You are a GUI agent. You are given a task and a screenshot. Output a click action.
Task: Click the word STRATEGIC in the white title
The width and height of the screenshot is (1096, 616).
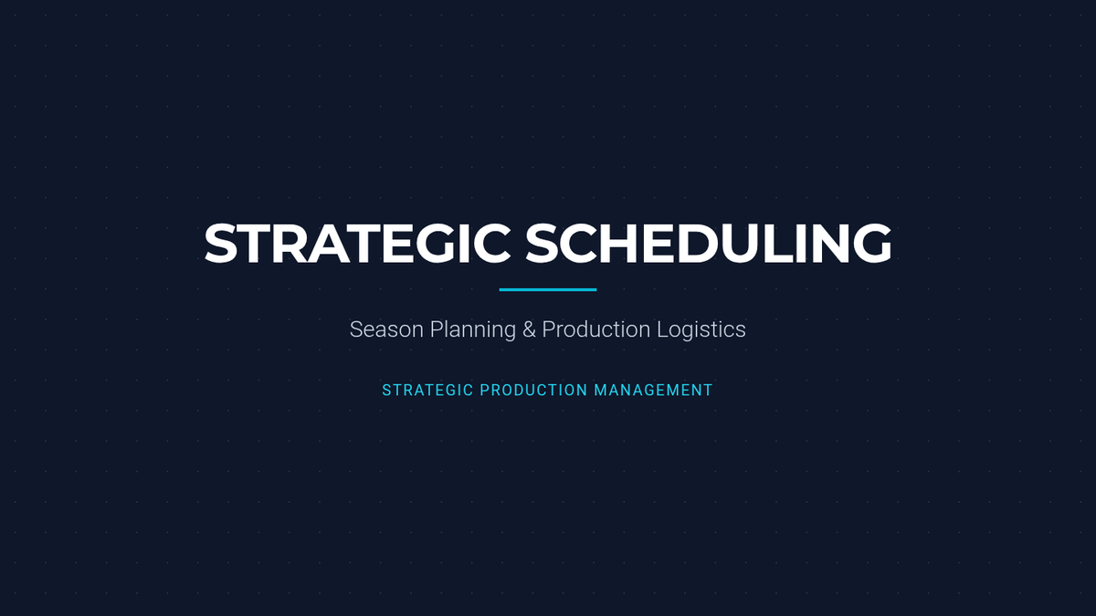[358, 244]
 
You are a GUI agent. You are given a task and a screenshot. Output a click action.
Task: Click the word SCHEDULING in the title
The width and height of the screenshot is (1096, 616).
[709, 244]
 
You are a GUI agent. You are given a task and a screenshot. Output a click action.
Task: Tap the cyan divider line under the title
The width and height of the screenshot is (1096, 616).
[547, 289]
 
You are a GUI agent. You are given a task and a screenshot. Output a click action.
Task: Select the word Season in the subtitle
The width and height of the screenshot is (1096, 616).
[386, 329]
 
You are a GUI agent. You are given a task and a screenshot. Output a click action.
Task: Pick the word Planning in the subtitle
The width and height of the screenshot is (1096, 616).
[473, 330]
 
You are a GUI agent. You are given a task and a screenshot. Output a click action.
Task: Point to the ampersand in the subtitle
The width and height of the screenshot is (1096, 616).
[529, 329]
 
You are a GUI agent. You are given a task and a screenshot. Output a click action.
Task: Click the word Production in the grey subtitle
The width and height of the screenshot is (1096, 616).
[595, 329]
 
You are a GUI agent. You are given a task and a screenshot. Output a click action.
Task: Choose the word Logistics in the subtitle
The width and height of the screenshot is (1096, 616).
[701, 330]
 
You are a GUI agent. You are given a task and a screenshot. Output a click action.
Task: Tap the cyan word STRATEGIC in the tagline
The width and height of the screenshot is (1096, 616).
[427, 391]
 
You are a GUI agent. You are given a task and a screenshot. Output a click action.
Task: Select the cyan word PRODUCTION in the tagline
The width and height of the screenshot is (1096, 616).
[533, 391]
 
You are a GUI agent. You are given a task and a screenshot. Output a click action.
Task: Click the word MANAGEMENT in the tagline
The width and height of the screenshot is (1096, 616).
[653, 391]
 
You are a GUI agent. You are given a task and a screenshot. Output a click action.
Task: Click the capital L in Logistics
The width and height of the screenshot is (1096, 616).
[662, 329]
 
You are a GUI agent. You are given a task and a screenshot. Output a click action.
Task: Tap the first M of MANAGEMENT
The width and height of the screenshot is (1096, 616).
[600, 391]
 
